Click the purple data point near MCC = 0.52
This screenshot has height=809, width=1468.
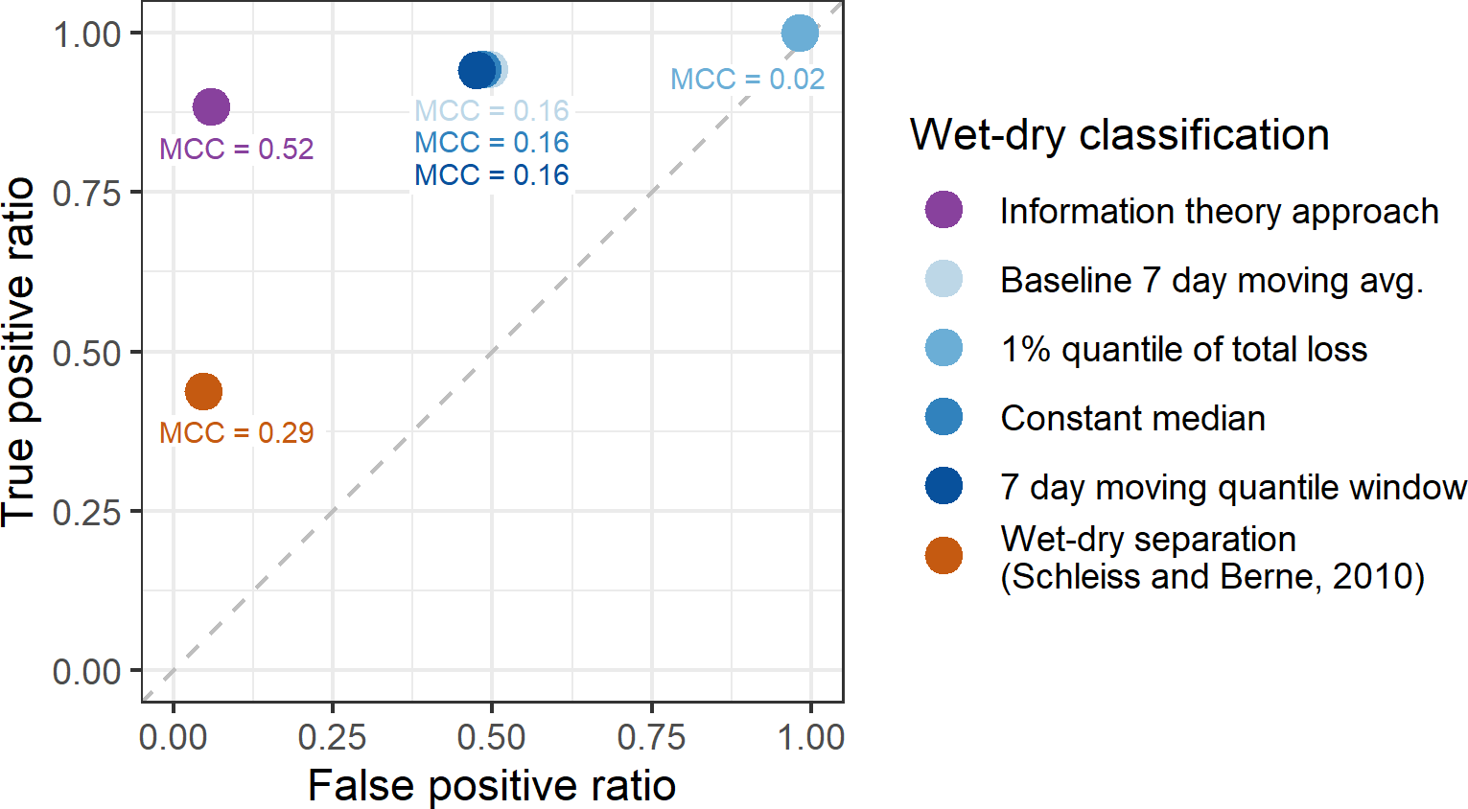pyautogui.click(x=211, y=106)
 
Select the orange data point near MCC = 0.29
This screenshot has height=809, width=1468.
pyautogui.click(x=203, y=391)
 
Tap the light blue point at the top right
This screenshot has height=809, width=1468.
pyautogui.click(x=800, y=34)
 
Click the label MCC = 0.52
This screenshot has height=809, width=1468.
pyautogui.click(x=236, y=150)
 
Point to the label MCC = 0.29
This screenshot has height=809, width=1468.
pyautogui.click(x=236, y=433)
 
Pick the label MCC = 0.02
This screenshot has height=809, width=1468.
pyautogui.click(x=747, y=80)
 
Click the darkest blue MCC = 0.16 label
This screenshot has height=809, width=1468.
pyautogui.click(x=491, y=175)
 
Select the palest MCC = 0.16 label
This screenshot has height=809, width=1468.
pyautogui.click(x=491, y=111)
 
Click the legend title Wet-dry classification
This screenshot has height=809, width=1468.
pyautogui.click(x=1119, y=135)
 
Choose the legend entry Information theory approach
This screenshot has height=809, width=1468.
pyautogui.click(x=1219, y=211)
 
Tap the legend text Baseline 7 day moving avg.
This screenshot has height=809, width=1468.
pyautogui.click(x=1211, y=281)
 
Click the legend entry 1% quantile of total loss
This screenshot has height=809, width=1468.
pyautogui.click(x=1183, y=350)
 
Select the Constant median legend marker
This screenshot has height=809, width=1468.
pyautogui.click(x=944, y=417)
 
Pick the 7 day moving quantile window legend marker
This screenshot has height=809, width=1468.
pyautogui.click(x=944, y=486)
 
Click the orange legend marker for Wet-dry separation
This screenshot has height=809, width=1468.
pyautogui.click(x=944, y=556)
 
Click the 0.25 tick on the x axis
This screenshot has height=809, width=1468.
pyautogui.click(x=332, y=737)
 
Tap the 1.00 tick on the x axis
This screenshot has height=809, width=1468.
pyautogui.click(x=811, y=737)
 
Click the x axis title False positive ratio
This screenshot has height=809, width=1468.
pyautogui.click(x=491, y=786)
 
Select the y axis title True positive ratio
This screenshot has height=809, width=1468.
pyautogui.click(x=19, y=352)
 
